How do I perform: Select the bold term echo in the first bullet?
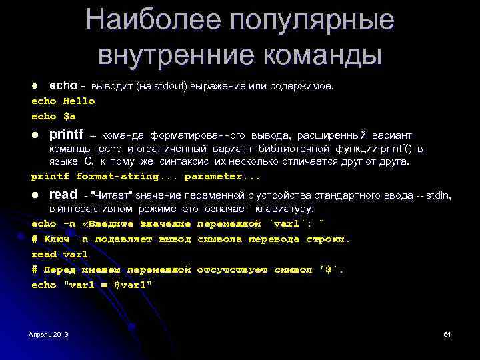pyautogui.click(x=63, y=86)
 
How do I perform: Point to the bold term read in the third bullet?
pyautogui.click(x=63, y=195)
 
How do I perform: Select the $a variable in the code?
pyautogui.click(x=69, y=116)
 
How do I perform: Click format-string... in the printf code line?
pyautogui.click(x=127, y=177)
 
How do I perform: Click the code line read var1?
pyautogui.click(x=59, y=254)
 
